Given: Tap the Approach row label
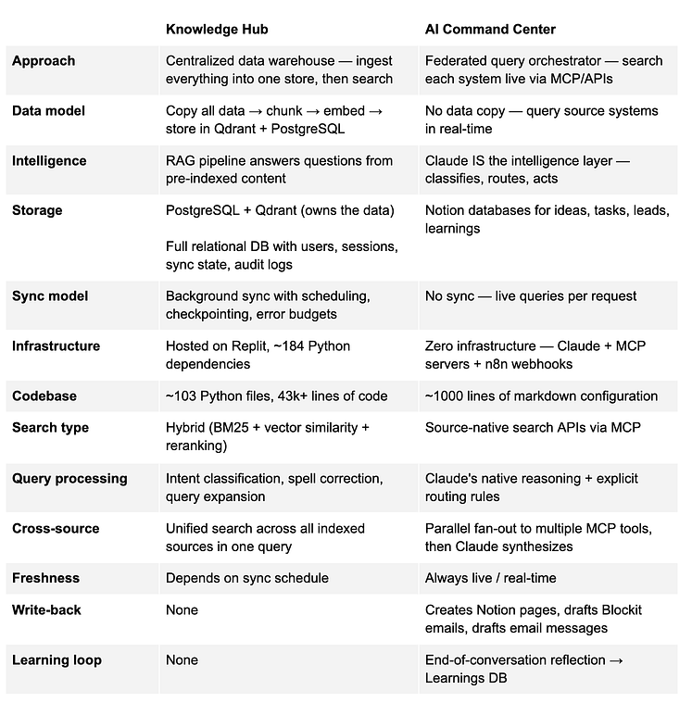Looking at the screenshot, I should point(44,61).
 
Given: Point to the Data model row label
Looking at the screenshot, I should point(48,111).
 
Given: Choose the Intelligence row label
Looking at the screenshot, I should point(49,161).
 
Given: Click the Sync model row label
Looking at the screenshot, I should point(50,296).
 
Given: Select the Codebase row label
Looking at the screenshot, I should point(44,396).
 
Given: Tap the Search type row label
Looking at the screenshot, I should point(50,428).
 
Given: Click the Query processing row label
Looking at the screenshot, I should point(69,479).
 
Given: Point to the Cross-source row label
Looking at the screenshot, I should point(56,529).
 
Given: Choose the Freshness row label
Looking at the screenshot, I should point(45,578).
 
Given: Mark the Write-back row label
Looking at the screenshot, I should point(47,610).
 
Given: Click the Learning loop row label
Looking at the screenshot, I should point(57,660).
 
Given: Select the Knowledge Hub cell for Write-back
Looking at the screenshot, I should point(182,610).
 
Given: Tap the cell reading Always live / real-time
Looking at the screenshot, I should point(490,578).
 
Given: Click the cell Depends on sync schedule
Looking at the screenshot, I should point(246,578).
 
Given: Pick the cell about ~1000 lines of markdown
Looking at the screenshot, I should point(541,396).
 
